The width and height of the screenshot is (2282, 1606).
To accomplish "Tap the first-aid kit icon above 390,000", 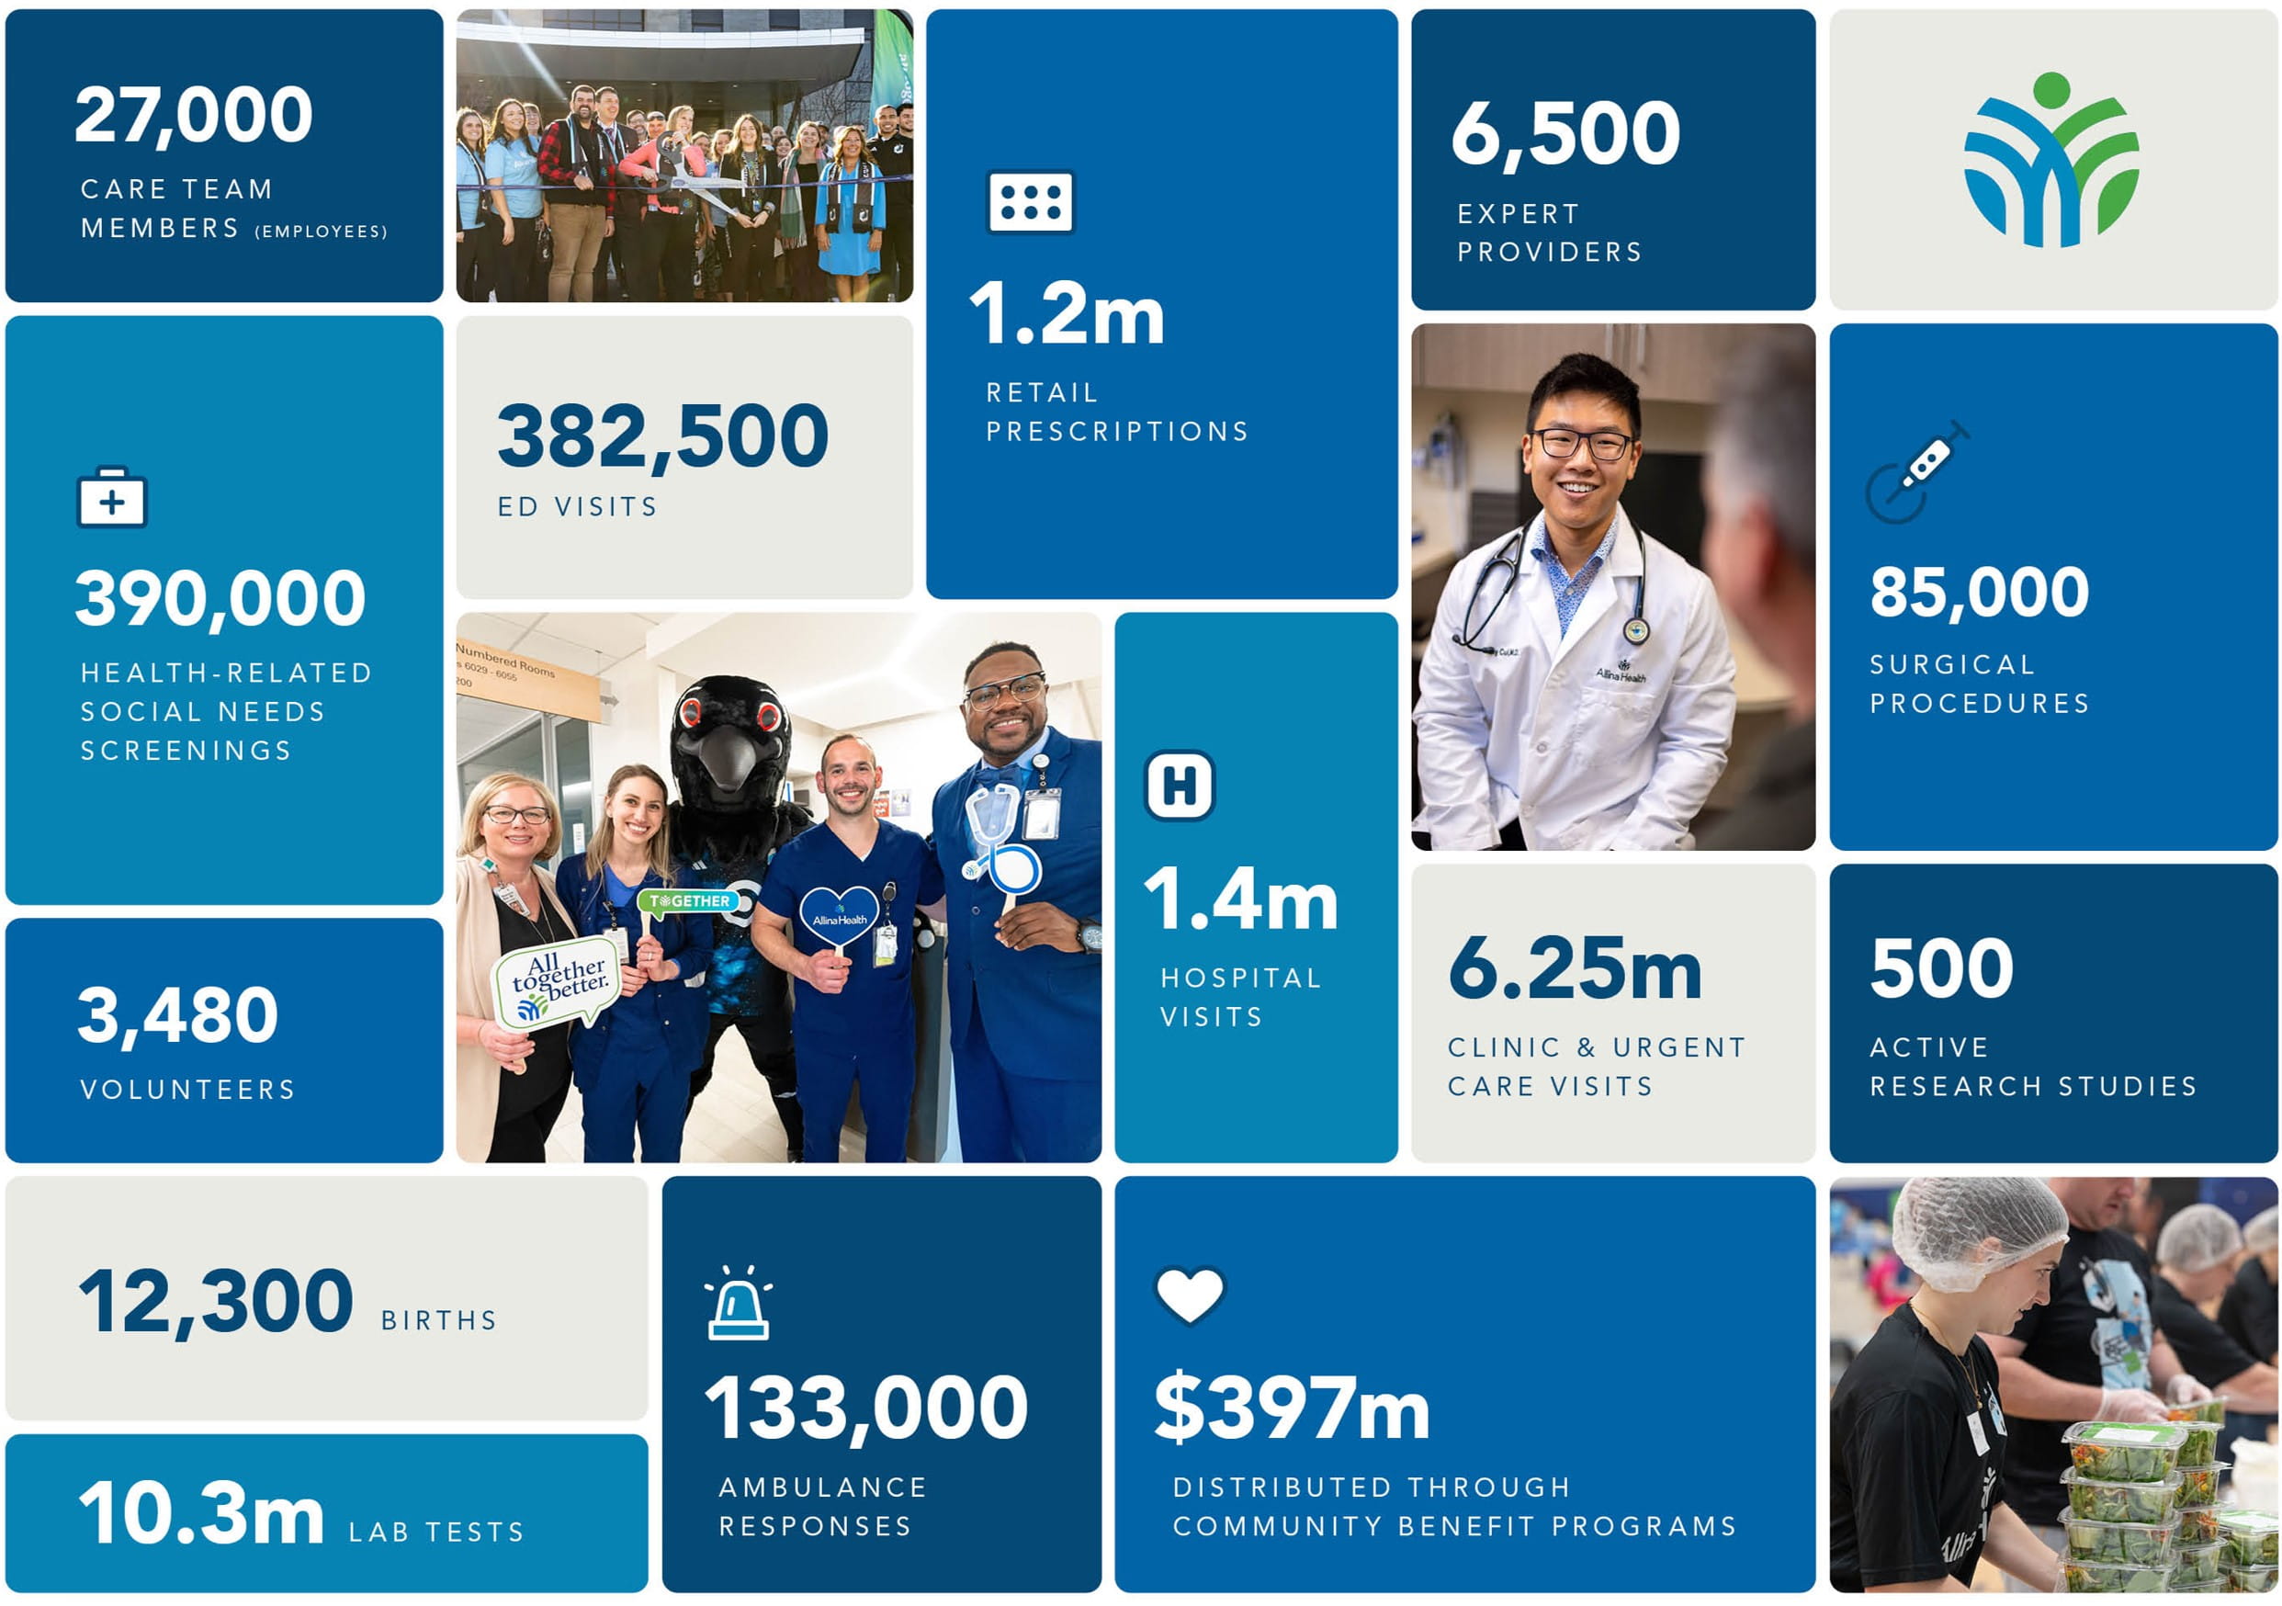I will [x=111, y=497].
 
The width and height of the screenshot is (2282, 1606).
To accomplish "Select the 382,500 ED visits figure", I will [x=662, y=437].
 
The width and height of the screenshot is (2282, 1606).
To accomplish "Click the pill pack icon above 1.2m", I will [x=1030, y=203].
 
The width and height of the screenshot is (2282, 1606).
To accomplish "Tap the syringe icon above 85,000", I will [x=1917, y=472].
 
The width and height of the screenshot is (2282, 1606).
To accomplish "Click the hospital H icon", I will [x=1179, y=786].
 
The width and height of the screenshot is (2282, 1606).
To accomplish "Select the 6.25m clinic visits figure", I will [x=1575, y=970].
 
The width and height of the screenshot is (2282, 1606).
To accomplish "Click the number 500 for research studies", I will [x=1941, y=970].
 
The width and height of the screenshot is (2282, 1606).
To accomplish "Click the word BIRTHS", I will [x=438, y=1321].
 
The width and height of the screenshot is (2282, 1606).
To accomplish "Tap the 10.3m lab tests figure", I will [x=202, y=1513].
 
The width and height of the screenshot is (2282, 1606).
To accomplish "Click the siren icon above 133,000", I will [x=738, y=1305].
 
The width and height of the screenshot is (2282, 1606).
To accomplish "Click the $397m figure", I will [x=1291, y=1409].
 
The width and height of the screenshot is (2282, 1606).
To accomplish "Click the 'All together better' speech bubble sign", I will [x=557, y=984].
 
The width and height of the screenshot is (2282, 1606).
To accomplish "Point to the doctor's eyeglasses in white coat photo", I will [x=1582, y=445].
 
